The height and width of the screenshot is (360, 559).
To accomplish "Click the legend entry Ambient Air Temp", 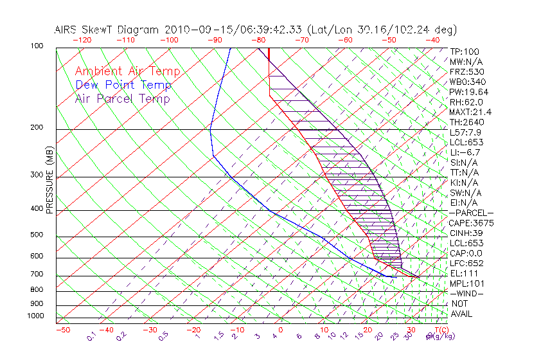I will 127,71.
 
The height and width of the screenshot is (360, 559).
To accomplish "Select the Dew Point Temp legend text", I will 123,85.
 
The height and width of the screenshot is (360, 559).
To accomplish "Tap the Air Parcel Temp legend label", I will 122,98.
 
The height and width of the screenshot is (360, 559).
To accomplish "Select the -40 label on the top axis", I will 432,39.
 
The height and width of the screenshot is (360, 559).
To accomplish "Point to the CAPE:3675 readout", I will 471,223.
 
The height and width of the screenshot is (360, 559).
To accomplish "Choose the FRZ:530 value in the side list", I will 468,71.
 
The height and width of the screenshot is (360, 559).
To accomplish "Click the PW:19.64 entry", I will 470,92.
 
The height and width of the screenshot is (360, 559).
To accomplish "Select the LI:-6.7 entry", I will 465,152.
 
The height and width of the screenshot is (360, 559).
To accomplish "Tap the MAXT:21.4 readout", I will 472,112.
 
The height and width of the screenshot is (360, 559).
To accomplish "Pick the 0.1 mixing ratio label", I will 91,336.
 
